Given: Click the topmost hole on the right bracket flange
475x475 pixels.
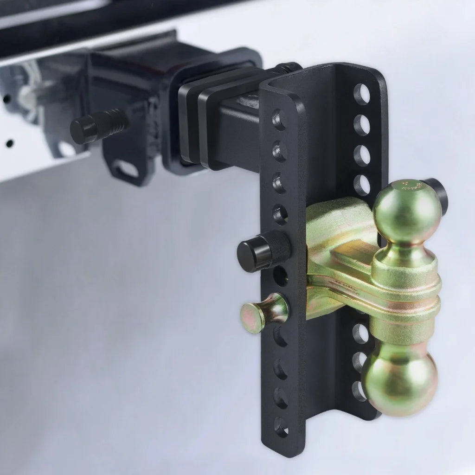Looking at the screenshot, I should click(x=362, y=94).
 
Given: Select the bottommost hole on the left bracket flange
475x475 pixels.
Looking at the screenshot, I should click(x=281, y=426).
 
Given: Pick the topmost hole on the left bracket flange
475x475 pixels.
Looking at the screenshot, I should click(x=279, y=120).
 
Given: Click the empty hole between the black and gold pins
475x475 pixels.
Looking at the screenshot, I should click(x=280, y=276).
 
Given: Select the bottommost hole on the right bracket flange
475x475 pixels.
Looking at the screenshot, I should click(x=359, y=391).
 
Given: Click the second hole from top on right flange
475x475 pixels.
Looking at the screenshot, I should click(x=362, y=125).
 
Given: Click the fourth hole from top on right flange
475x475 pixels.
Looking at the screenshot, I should click(x=362, y=185).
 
